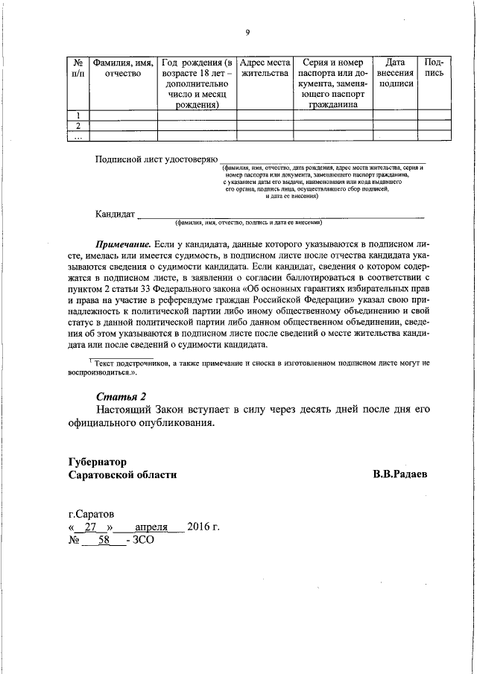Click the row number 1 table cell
(78, 115)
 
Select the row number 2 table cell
(78, 125)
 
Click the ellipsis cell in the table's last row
(78, 136)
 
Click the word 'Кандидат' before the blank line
(115, 214)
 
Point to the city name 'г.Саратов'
(92, 514)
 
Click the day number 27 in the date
(92, 527)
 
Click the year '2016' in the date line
(199, 527)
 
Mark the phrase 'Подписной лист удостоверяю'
(155, 159)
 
